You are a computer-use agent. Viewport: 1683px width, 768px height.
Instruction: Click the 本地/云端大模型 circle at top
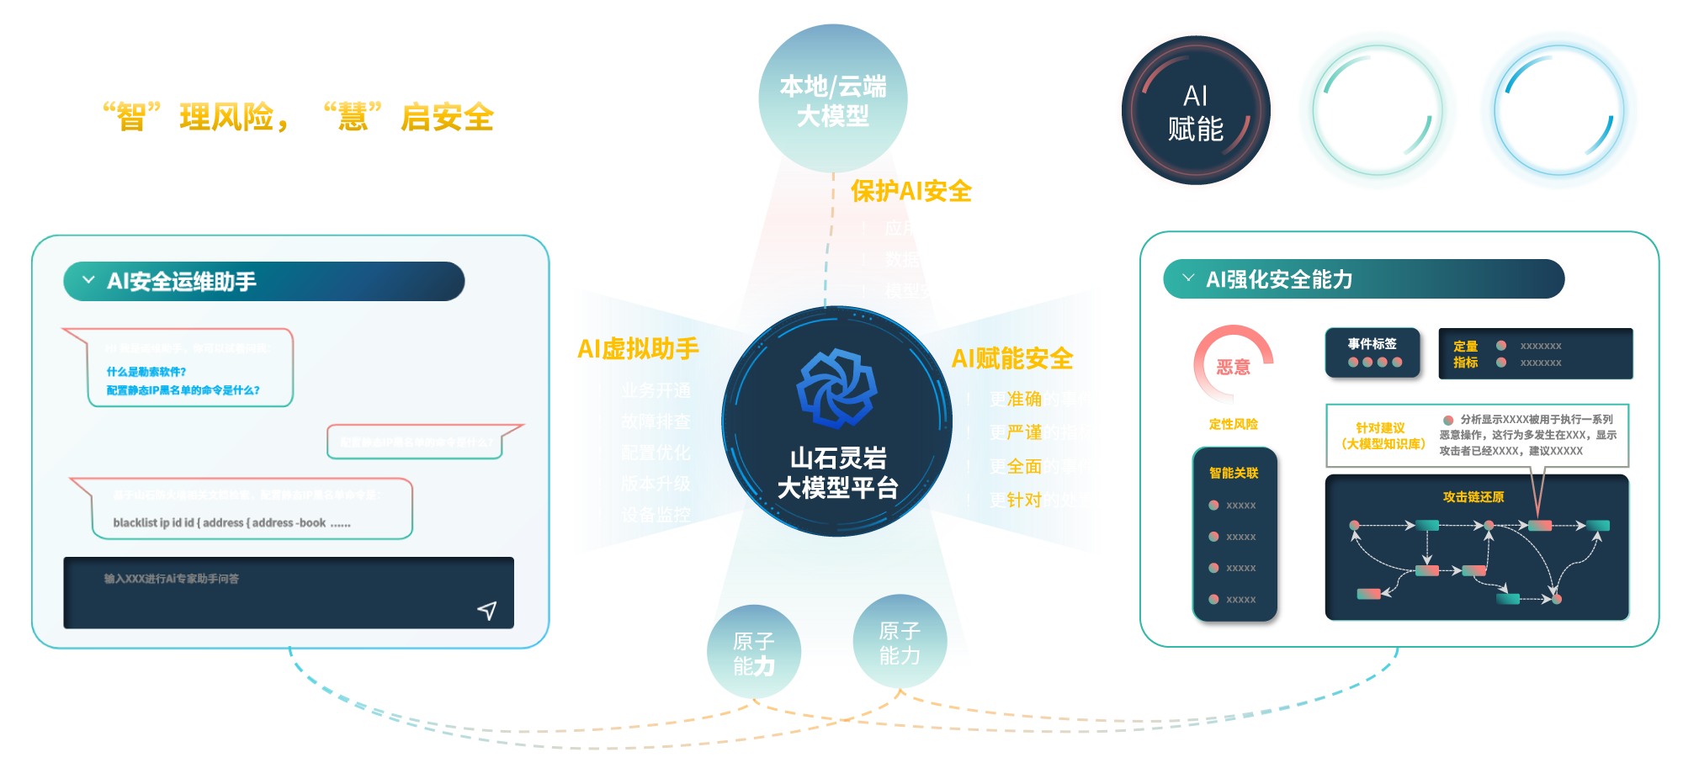(x=832, y=99)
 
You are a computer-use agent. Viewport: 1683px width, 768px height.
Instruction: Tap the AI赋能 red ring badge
(x=1196, y=111)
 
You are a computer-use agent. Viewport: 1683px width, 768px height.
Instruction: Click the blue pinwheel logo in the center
(x=836, y=388)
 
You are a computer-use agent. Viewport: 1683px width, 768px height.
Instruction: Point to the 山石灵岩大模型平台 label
(x=837, y=473)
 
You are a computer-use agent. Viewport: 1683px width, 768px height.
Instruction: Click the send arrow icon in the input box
(x=487, y=610)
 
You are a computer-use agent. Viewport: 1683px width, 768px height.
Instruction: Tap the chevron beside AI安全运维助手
(x=88, y=280)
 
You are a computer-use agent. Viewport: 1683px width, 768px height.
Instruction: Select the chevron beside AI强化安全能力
(x=1188, y=278)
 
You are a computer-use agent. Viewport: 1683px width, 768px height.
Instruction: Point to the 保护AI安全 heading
(x=911, y=191)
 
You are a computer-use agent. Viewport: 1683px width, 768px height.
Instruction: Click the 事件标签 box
(x=1372, y=352)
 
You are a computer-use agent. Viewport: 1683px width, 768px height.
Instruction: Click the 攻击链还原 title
(x=1473, y=497)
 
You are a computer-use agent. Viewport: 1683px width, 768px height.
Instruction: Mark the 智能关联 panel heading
(x=1234, y=473)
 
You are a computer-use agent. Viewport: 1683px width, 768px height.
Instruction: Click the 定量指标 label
(x=1465, y=354)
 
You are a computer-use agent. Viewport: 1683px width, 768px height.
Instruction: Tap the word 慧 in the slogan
(x=353, y=117)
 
